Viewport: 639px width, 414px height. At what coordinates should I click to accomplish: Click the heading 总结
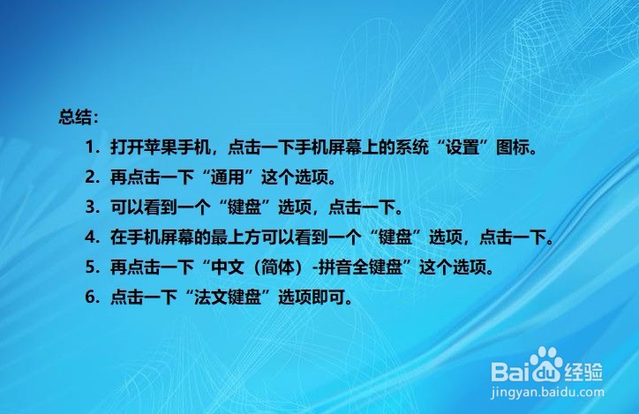(75, 117)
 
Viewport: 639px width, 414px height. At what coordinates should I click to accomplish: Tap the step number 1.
(90, 147)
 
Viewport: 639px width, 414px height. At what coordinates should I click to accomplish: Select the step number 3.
(90, 207)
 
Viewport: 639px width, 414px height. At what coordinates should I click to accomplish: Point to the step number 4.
(90, 237)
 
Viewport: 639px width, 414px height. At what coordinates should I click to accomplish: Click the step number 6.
(90, 297)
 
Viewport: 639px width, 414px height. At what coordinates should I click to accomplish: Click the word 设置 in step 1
(462, 147)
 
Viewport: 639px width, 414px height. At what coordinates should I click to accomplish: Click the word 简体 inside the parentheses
(278, 267)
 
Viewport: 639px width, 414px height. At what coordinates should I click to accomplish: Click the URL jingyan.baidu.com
(547, 393)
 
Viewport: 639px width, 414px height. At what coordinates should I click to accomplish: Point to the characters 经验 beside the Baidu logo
(583, 372)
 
